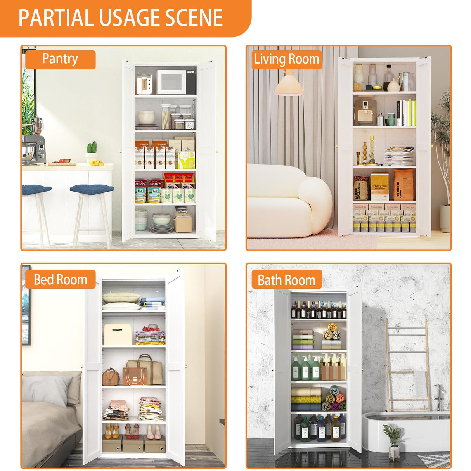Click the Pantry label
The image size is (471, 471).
click(x=60, y=59)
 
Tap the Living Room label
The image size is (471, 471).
click(x=287, y=59)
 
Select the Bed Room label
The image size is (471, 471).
click(x=60, y=279)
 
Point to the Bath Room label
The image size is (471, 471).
click(x=287, y=280)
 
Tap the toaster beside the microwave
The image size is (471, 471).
click(x=144, y=84)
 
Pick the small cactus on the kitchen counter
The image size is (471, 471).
click(x=92, y=148)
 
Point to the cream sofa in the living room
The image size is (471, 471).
click(x=289, y=202)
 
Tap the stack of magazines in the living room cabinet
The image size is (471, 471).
click(x=399, y=156)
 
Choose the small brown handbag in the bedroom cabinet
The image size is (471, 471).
click(x=111, y=377)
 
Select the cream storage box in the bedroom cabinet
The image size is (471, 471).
click(x=118, y=334)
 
